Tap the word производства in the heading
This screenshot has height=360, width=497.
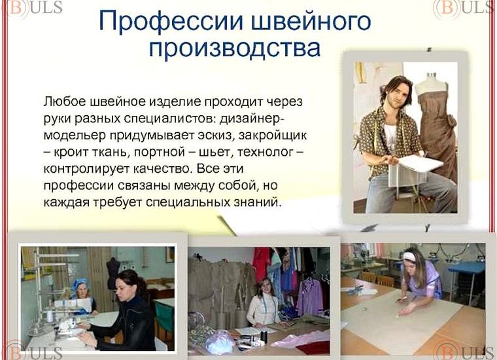[235, 49]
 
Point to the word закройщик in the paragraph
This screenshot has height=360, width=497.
[274, 135]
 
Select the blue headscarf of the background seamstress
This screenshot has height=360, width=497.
[81, 285]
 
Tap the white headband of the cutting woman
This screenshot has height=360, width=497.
[409, 257]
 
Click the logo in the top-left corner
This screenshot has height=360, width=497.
[20, 8]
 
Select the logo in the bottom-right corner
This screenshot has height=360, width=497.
[466, 351]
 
